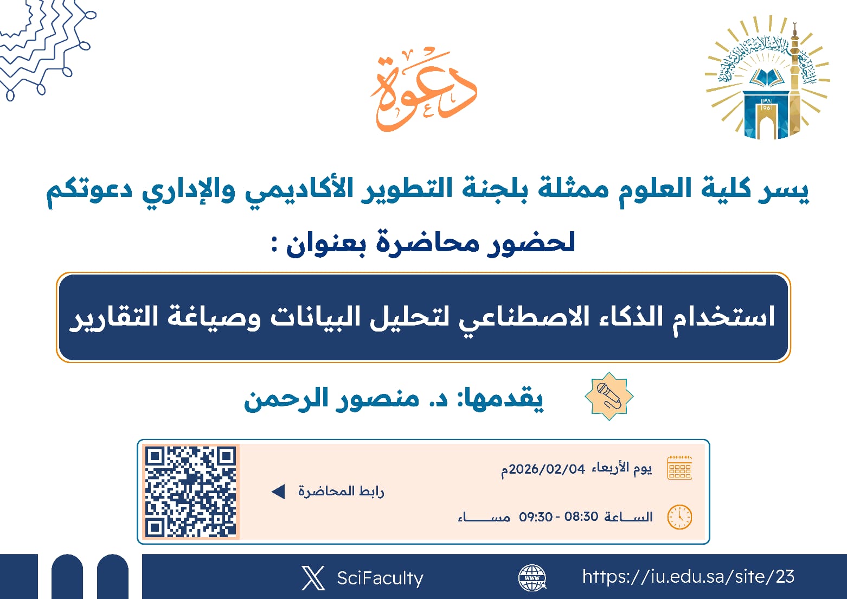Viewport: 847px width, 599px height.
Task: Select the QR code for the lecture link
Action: point(190,492)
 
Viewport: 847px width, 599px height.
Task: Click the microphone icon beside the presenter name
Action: point(609,396)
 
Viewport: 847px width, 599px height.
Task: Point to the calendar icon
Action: point(679,468)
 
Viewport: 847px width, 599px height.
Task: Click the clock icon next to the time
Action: point(679,517)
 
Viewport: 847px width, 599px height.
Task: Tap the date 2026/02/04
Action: point(547,469)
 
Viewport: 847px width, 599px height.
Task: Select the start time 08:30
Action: point(581,517)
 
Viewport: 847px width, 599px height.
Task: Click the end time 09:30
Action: point(536,517)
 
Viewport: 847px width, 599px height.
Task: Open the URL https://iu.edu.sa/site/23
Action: point(688,576)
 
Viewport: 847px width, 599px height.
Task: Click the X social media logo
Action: point(313,578)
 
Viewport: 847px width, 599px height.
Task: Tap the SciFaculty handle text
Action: point(380,578)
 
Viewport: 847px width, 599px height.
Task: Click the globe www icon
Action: point(532,577)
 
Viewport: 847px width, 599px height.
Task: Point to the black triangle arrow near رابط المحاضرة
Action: point(278,492)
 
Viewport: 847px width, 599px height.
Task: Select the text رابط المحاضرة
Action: point(341,492)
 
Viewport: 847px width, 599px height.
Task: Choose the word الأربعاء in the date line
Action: point(610,468)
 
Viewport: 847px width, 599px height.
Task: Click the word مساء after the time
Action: point(484,517)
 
